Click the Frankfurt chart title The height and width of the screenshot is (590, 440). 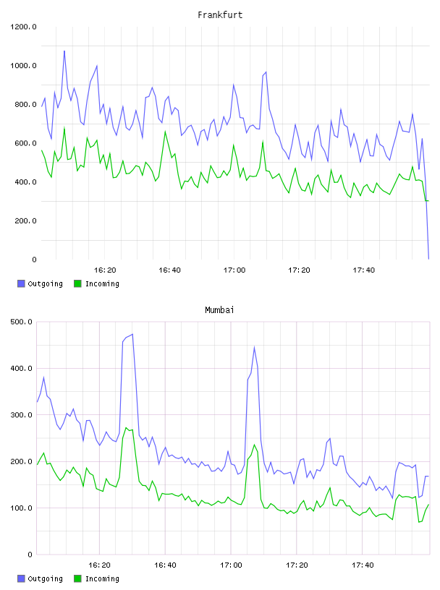[x=220, y=15]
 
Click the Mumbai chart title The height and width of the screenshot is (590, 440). [x=219, y=310]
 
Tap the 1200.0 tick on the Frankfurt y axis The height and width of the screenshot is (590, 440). [x=23, y=27]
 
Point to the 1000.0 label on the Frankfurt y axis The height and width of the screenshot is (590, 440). [x=23, y=66]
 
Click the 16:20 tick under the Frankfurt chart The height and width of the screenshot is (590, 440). [x=105, y=270]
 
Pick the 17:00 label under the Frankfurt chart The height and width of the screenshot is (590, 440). [x=234, y=270]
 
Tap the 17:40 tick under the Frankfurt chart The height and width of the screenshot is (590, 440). [x=364, y=270]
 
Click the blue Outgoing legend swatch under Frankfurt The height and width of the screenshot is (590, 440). [x=21, y=283]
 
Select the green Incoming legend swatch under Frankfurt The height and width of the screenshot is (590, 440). [x=77, y=283]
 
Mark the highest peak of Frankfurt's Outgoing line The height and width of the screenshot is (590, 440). [x=64, y=51]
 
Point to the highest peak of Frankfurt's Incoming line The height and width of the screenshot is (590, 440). [x=64, y=127]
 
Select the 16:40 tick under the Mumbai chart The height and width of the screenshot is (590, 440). [x=166, y=565]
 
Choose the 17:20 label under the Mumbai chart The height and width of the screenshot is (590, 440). [x=297, y=565]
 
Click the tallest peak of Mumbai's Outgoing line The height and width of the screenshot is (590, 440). [x=132, y=334]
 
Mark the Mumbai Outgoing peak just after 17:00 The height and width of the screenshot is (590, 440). [x=254, y=347]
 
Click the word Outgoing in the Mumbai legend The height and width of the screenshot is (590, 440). [x=45, y=579]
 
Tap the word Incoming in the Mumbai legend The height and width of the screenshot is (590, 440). [x=102, y=579]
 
